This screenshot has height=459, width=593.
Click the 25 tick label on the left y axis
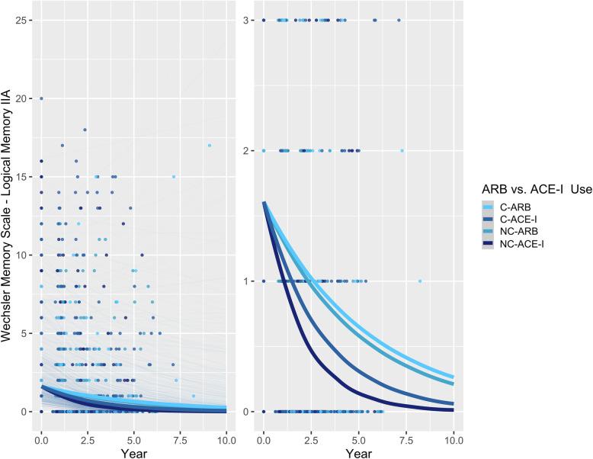tap(26, 20)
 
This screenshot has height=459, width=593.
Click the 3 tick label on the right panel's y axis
tap(251, 20)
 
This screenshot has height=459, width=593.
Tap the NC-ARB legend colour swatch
tap(491, 233)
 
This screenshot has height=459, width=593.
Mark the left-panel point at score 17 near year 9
tap(209, 145)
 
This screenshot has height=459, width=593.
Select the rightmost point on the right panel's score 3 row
tap(399, 20)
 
